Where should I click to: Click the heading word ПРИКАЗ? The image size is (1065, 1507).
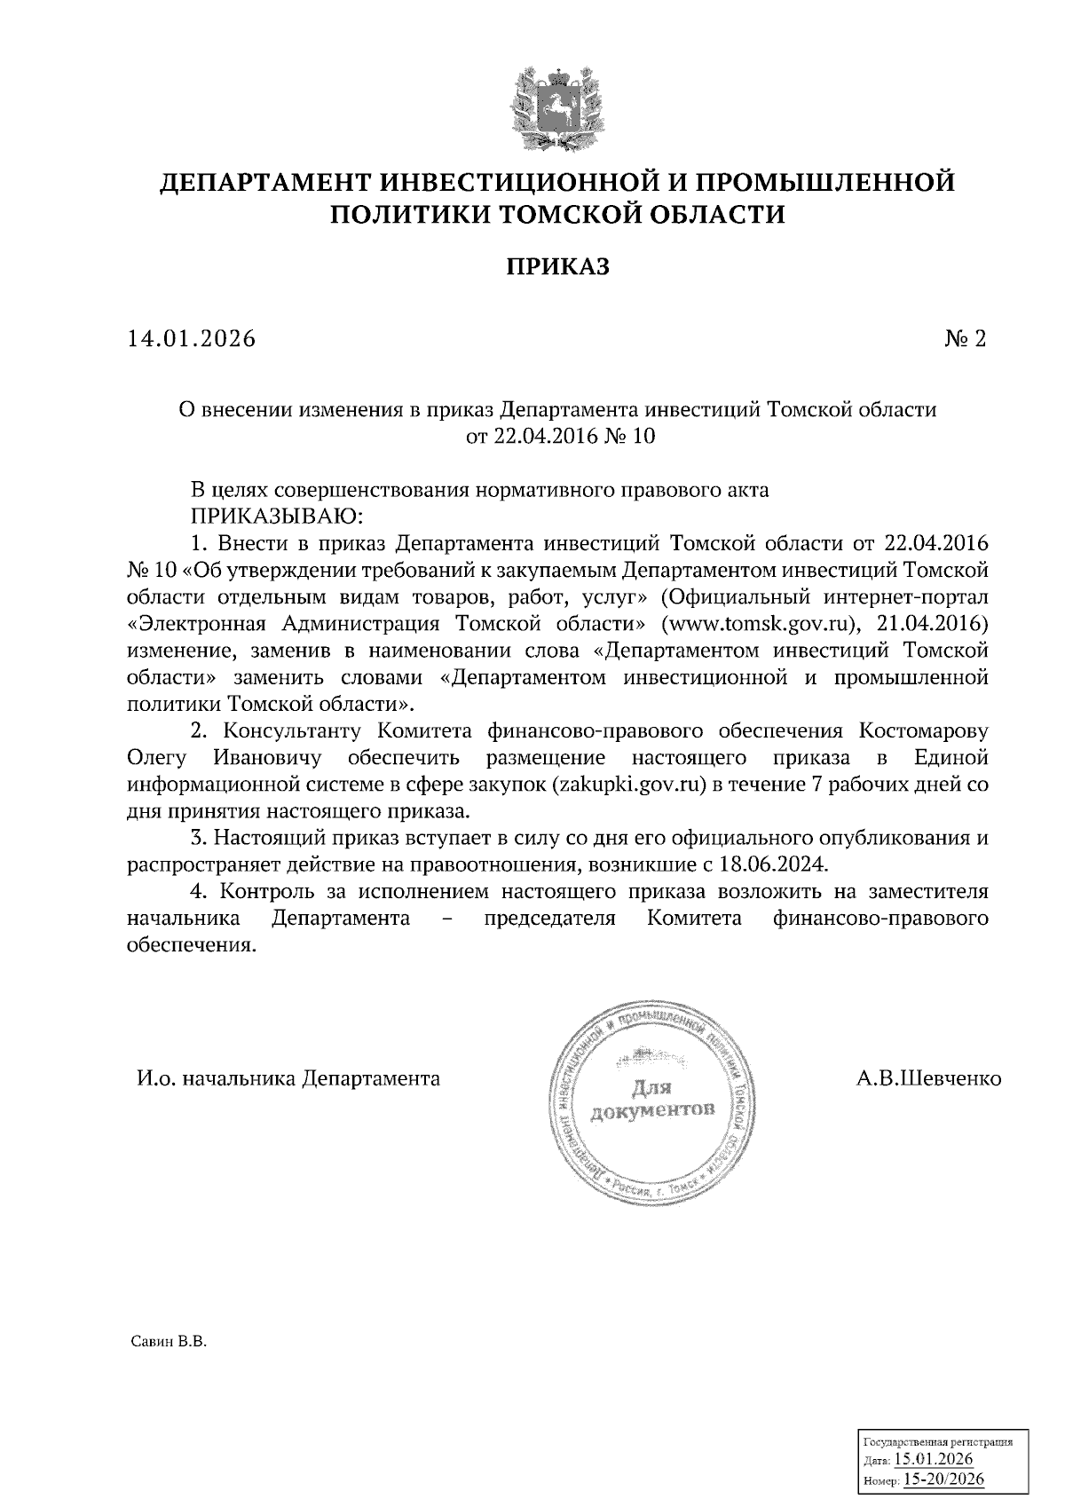(558, 266)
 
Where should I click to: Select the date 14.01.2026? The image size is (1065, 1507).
(190, 339)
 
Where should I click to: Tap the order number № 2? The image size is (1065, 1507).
(966, 339)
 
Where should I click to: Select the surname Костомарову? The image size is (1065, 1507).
(923, 731)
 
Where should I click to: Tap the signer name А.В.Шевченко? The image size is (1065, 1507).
(928, 1079)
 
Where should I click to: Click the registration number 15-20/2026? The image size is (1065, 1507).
(943, 1480)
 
